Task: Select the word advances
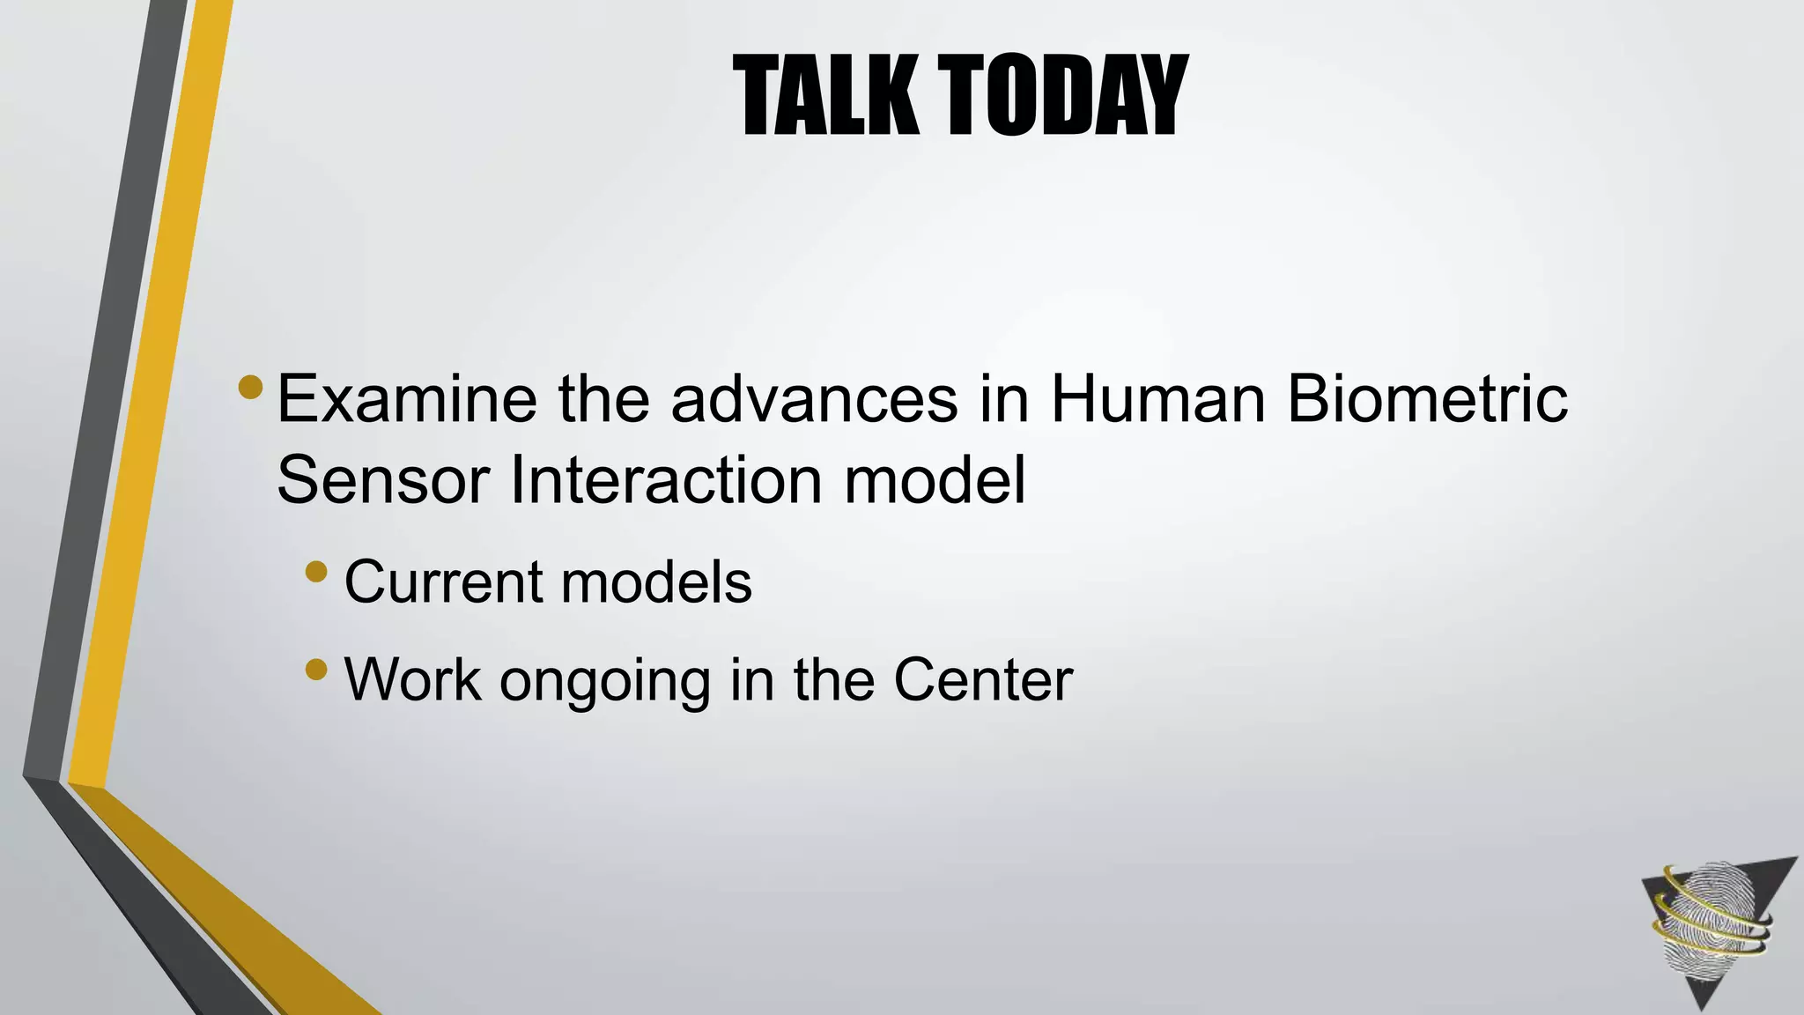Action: click(814, 399)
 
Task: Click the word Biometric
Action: click(1427, 399)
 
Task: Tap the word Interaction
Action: click(667, 480)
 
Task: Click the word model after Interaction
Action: click(935, 480)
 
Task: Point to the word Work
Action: click(413, 679)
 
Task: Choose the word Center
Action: click(983, 679)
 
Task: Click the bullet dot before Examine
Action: click(250, 388)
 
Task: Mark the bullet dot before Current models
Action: click(316, 574)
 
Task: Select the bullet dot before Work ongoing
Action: click(316, 671)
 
